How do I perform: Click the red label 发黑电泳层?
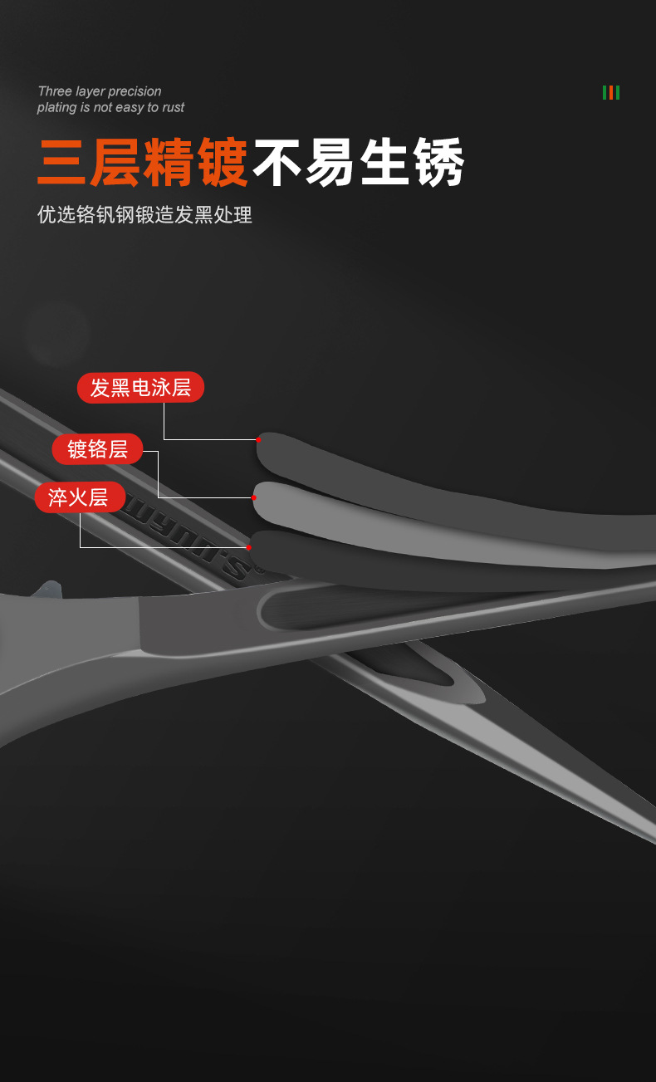[140, 387]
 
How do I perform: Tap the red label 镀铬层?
[97, 449]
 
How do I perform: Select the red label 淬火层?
[79, 497]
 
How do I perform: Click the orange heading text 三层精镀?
[143, 164]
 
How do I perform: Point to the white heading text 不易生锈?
[359, 164]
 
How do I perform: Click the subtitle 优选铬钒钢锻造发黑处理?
[144, 215]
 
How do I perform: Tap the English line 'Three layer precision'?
[100, 91]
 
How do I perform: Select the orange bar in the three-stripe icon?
[611, 92]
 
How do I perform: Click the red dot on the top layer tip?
[258, 439]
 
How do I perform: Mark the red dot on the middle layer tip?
[254, 497]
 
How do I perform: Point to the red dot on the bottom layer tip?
[248, 547]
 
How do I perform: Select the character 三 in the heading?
[63, 164]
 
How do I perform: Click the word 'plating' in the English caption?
[56, 108]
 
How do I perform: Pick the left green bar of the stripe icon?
[605, 92]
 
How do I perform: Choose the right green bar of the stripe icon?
[618, 92]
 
